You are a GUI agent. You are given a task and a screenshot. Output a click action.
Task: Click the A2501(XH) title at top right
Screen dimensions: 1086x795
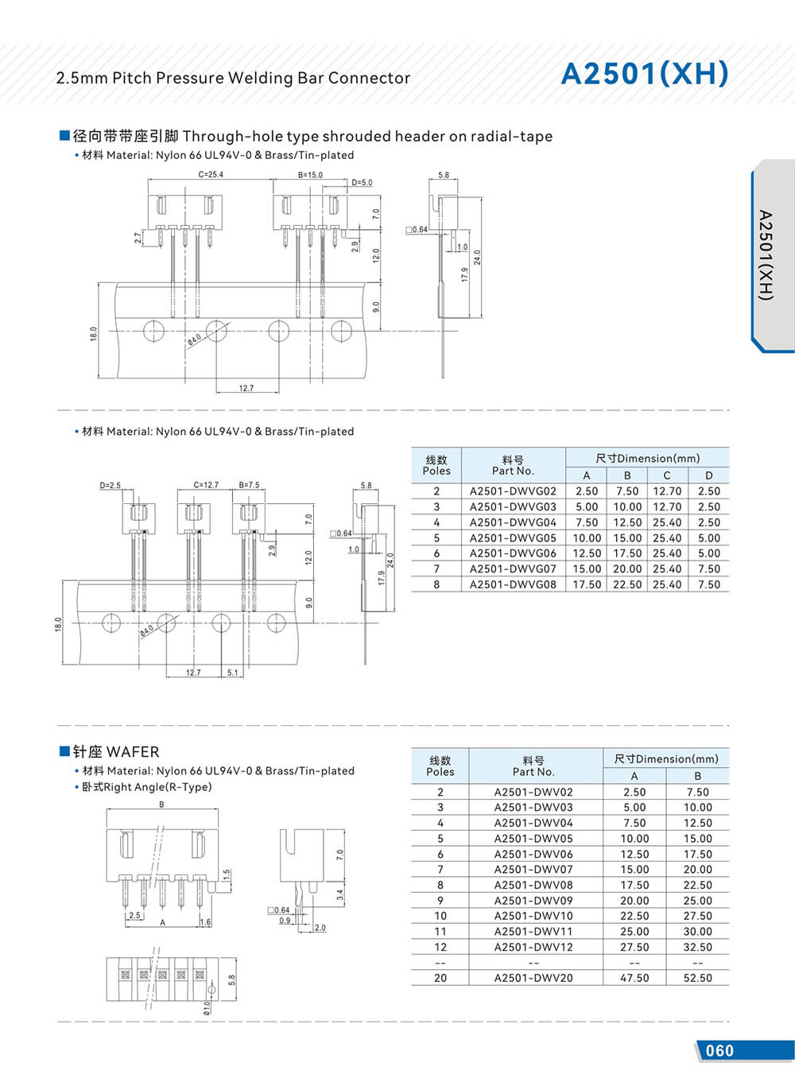click(644, 73)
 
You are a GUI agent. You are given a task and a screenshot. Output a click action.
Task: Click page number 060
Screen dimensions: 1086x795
click(719, 1050)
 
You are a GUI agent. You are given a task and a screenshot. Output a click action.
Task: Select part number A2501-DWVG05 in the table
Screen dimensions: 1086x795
click(513, 538)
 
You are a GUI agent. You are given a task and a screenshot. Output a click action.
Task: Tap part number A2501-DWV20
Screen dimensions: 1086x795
click(533, 978)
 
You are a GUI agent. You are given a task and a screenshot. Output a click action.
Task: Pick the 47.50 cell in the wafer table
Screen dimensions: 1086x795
click(634, 978)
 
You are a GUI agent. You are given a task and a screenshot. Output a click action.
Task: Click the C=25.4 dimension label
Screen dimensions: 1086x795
click(211, 175)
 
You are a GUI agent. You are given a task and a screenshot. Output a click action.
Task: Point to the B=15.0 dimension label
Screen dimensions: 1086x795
click(310, 175)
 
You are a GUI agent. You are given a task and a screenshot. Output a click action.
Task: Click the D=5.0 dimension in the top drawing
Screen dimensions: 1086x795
click(362, 183)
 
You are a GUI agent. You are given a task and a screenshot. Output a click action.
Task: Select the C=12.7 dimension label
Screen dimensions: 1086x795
click(206, 485)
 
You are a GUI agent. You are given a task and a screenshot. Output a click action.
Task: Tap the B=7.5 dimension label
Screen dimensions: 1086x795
click(249, 485)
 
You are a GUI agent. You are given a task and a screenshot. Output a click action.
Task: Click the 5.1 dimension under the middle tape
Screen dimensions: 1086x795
click(232, 673)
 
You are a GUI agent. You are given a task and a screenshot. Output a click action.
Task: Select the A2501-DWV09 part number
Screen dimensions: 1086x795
click(533, 901)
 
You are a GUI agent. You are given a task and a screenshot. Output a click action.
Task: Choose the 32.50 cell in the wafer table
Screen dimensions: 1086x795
click(697, 947)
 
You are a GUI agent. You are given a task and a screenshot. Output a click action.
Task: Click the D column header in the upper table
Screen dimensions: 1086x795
click(708, 475)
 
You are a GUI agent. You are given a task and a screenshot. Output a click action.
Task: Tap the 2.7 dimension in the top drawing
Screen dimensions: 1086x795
click(138, 237)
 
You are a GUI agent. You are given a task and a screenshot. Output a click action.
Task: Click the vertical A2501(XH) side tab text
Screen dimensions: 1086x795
click(765, 254)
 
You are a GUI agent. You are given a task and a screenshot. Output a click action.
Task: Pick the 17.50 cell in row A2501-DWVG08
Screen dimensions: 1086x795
click(587, 584)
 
